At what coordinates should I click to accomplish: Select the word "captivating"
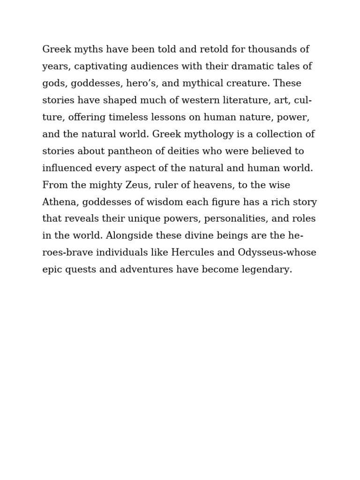(x=100, y=67)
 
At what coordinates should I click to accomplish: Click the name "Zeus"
(x=137, y=185)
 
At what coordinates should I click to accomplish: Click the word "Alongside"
(x=128, y=236)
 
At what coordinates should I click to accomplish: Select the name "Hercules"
(x=192, y=253)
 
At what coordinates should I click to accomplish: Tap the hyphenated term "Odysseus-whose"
(x=277, y=253)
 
